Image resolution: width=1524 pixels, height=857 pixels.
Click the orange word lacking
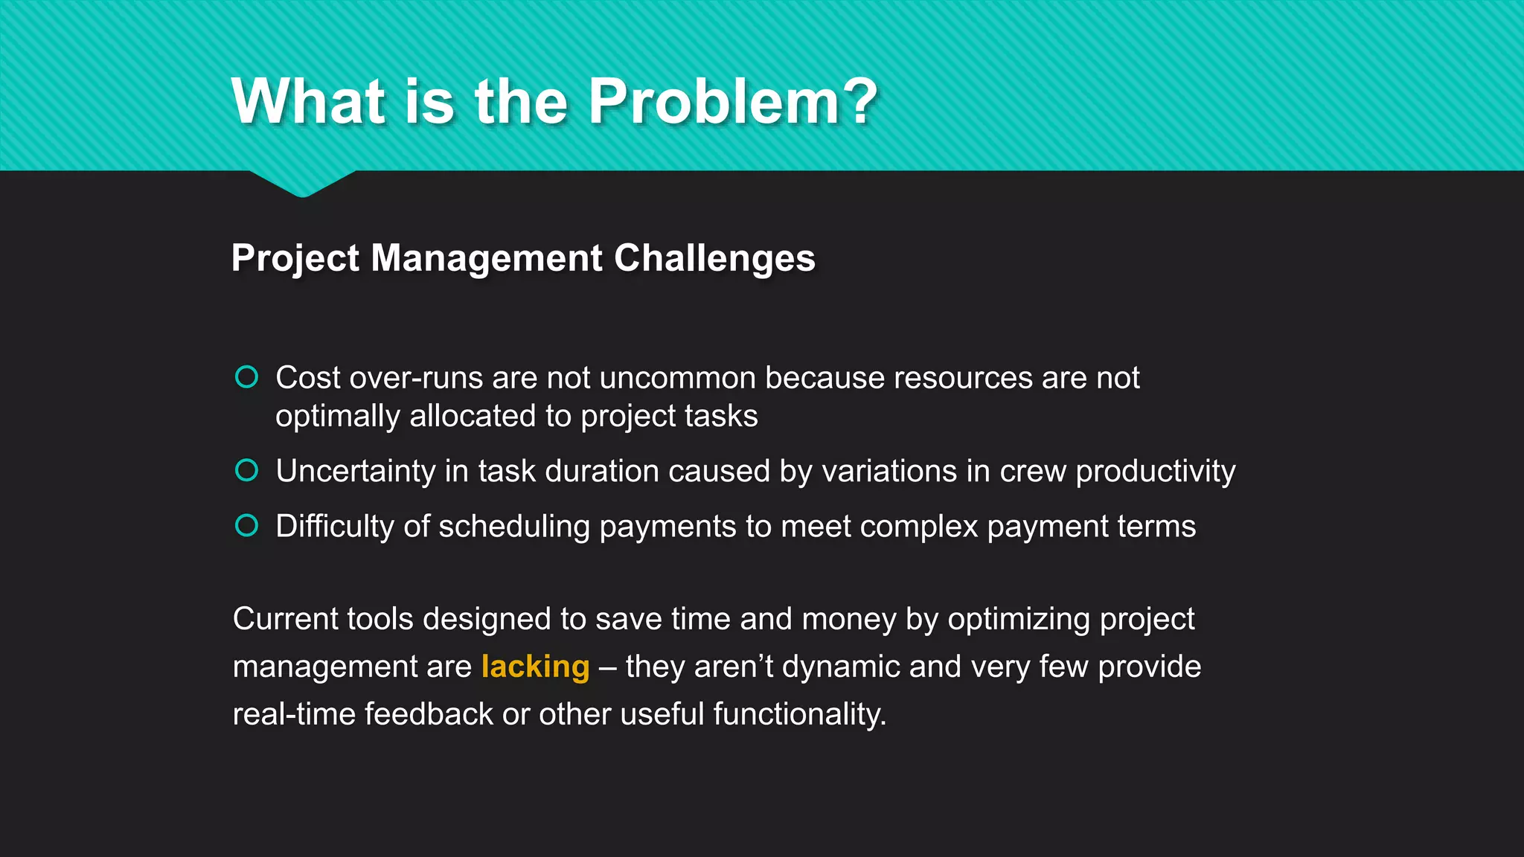tap(535, 667)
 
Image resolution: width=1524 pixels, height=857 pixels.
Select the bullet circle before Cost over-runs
tap(246, 377)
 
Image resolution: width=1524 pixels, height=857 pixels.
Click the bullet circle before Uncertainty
tap(246, 470)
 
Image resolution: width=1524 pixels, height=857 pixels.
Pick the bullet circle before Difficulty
tap(246, 525)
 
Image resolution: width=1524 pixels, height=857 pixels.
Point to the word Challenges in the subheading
tap(714, 258)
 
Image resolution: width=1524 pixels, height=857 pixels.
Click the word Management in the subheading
tap(487, 258)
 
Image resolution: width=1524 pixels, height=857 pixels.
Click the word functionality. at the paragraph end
tap(799, 714)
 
